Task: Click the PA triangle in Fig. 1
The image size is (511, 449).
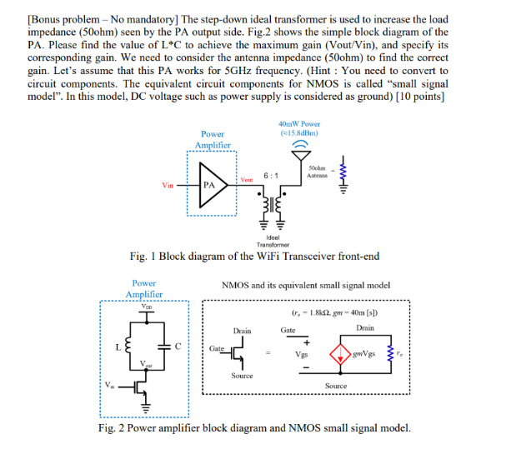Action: (213, 186)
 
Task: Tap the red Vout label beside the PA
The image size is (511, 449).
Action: (247, 179)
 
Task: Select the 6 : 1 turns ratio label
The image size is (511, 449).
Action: (270, 176)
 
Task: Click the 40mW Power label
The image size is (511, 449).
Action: (301, 127)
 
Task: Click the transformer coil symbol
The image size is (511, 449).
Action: (272, 203)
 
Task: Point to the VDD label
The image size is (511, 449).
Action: (145, 307)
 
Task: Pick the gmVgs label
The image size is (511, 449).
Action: (365, 353)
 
